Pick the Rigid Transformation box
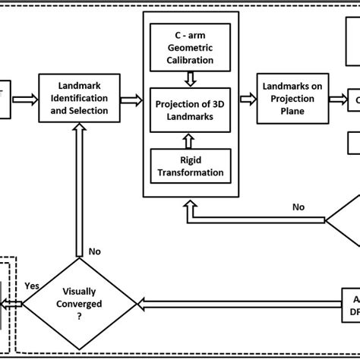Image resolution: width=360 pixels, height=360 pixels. click(x=189, y=166)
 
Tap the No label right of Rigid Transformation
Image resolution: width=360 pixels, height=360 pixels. click(x=299, y=207)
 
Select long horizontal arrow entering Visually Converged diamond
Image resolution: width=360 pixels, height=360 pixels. click(x=228, y=303)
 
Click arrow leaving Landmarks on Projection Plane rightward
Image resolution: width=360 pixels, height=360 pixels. click(x=339, y=99)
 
